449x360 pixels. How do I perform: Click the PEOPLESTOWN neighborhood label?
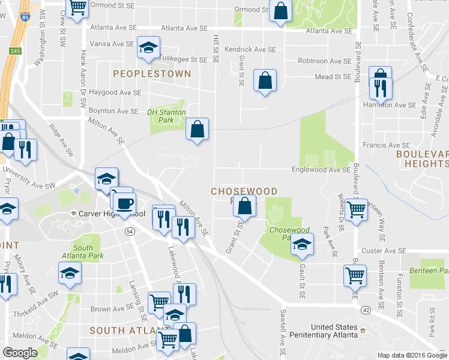pyautogui.click(x=152, y=74)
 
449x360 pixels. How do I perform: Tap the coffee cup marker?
pyautogui.click(x=124, y=204)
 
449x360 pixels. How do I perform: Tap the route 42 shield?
pyautogui.click(x=365, y=310)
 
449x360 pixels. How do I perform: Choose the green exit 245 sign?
pyautogui.click(x=15, y=51)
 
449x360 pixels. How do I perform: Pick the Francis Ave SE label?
pyautogui.click(x=386, y=145)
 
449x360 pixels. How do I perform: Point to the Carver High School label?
pyautogui.click(x=108, y=214)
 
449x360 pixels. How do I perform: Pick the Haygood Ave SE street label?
pyautogui.click(x=115, y=93)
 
